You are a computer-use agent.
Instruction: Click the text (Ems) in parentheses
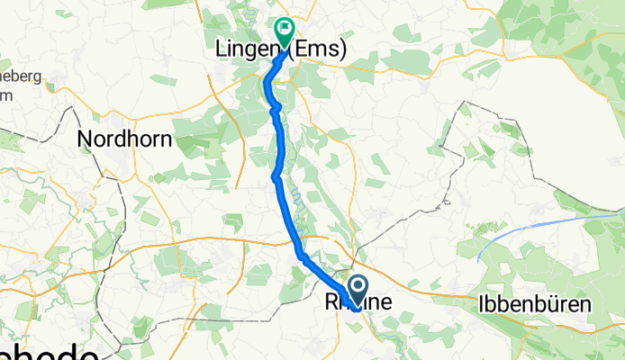321,51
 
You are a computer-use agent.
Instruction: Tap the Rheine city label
358,304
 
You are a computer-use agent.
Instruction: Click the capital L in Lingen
221,51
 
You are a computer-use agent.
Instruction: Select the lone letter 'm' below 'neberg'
5,94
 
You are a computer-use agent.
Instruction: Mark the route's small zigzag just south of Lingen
275,109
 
